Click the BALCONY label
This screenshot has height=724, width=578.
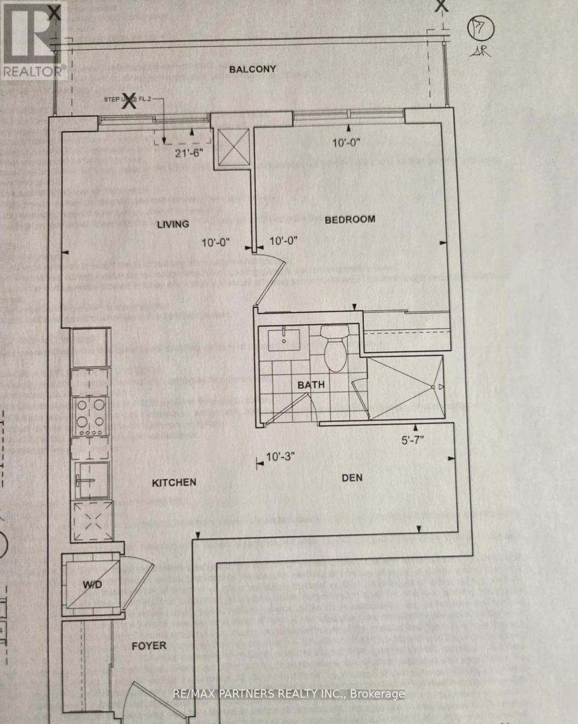[252, 69]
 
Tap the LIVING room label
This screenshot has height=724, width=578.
[173, 224]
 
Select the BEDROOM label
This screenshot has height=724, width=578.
[350, 220]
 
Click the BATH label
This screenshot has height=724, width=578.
[311, 384]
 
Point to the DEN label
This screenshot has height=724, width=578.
[352, 478]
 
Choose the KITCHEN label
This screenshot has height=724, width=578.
[174, 483]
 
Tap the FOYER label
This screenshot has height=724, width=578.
[148, 646]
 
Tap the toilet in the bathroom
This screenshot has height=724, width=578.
[333, 347]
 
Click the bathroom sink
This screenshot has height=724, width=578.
[285, 340]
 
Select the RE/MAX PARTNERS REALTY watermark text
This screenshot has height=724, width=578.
[288, 694]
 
